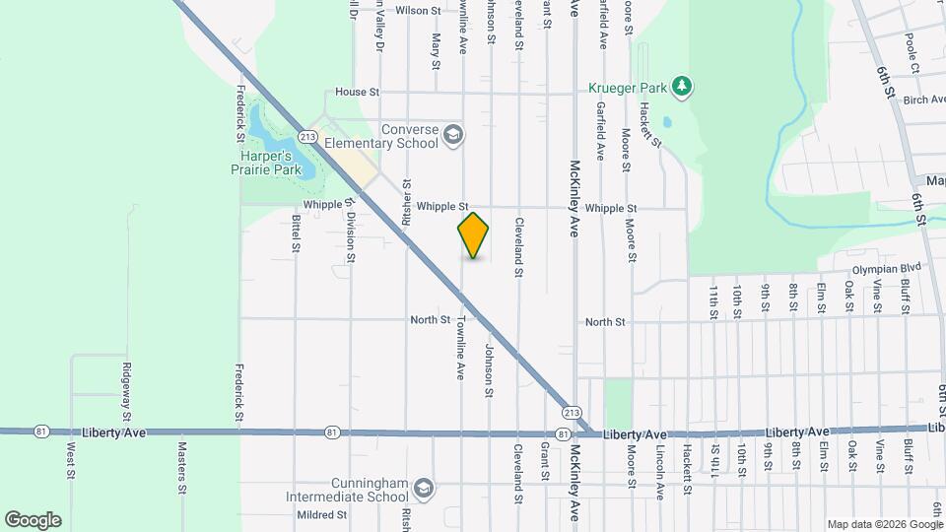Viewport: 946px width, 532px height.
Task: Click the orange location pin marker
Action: pyautogui.click(x=473, y=235)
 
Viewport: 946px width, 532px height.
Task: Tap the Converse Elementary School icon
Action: pyautogui.click(x=453, y=135)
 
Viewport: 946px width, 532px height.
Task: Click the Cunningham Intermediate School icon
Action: pyautogui.click(x=423, y=489)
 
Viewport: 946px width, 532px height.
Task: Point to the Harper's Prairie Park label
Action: pyautogui.click(x=265, y=163)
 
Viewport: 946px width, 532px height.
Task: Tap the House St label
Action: pyautogui.click(x=357, y=92)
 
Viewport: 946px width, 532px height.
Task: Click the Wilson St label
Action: pyautogui.click(x=418, y=11)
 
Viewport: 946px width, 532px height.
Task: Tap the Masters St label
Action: pyautogui.click(x=182, y=467)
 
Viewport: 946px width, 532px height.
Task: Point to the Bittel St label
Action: pyautogui.click(x=295, y=233)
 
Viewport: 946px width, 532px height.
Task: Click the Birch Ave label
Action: pyautogui.click(x=923, y=100)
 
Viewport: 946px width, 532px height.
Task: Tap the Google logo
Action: pyautogui.click(x=33, y=519)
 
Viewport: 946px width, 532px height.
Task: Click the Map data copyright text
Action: pyautogui.click(x=883, y=524)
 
